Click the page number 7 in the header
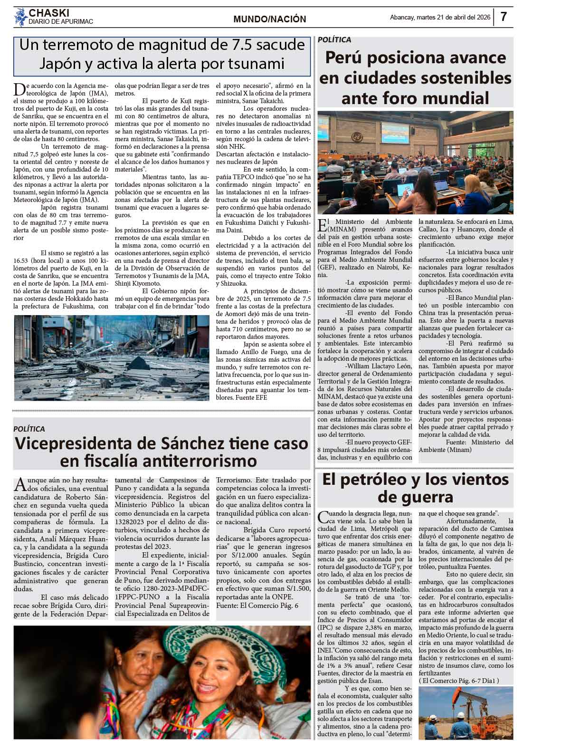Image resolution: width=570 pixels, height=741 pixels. click(x=503, y=17)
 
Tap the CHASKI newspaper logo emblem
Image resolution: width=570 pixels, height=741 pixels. click(x=20, y=18)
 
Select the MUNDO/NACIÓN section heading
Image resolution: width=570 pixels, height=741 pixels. click(x=270, y=19)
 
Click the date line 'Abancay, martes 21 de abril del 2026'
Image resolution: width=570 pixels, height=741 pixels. click(x=440, y=18)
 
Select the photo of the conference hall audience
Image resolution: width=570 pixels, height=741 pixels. click(x=415, y=163)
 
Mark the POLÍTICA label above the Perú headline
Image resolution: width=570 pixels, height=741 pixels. click(x=334, y=40)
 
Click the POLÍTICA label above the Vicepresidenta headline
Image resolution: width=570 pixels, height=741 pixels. click(x=29, y=429)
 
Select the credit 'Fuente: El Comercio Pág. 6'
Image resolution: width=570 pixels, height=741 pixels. click(x=257, y=606)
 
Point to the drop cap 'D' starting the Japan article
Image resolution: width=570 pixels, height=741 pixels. click(x=19, y=88)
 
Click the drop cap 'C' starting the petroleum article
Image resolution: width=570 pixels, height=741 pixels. click(x=323, y=516)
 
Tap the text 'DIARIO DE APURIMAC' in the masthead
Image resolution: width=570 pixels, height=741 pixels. click(x=61, y=22)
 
